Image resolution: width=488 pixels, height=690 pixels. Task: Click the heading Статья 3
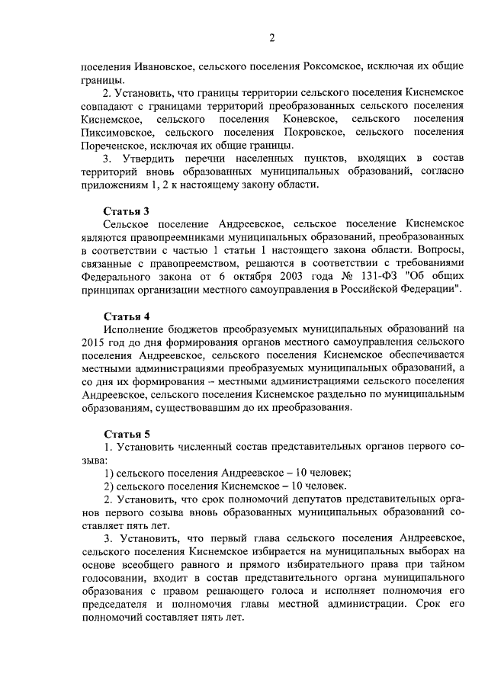126,210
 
